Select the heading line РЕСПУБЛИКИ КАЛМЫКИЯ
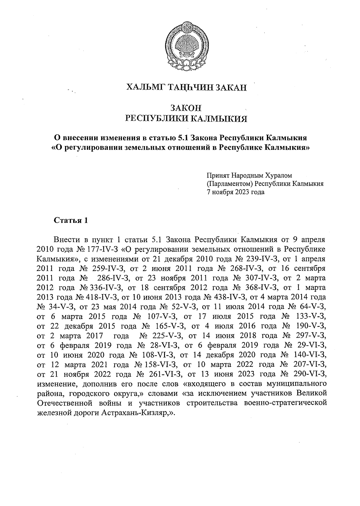[x=186, y=119]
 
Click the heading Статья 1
[x=71, y=221]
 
